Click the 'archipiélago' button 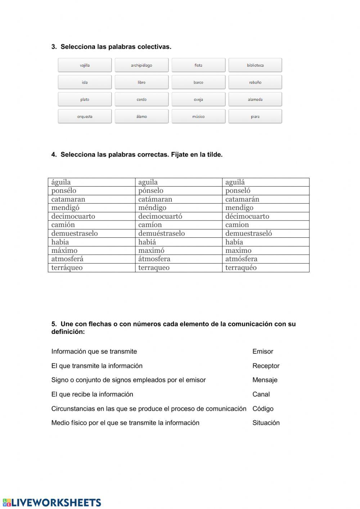tap(141, 65)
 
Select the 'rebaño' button tap(255, 82)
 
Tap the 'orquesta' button tap(85, 117)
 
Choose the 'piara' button tap(255, 117)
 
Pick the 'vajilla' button tap(85, 65)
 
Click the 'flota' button tap(198, 65)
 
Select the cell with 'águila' tap(91, 182)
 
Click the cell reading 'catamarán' tap(265, 199)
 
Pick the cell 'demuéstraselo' tap(179, 233)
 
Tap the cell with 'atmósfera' tap(265, 259)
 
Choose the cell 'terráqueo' tap(91, 268)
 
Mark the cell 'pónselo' tap(179, 191)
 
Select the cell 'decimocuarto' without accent tap(91, 216)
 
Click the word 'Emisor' tap(263, 352)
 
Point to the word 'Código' tap(263, 409)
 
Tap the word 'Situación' tap(266, 423)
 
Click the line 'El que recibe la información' tap(92, 394)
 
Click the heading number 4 tap(54, 155)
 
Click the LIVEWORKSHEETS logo tap(52, 503)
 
